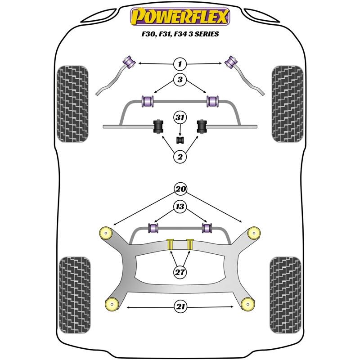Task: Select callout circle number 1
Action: pos(180,63)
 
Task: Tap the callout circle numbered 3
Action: pos(180,81)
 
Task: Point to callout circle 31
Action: pos(180,118)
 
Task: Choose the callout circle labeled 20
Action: pos(180,189)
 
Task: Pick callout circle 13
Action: pos(180,207)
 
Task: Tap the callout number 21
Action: pos(180,307)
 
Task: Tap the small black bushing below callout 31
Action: pos(180,139)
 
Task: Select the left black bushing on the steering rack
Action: pos(158,127)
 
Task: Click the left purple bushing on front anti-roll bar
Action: pos(148,101)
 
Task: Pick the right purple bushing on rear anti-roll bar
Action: pos(207,228)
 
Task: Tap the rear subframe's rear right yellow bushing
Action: pos(247,304)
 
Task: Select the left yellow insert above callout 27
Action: pos(171,244)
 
